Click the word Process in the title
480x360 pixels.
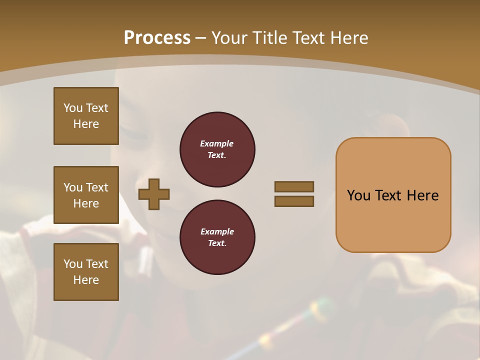tap(157, 38)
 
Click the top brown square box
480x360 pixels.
tap(86, 116)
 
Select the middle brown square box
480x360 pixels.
tap(86, 195)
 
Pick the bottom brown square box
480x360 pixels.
tap(86, 272)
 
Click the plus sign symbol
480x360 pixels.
tap(154, 194)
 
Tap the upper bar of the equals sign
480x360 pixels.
tap(294, 186)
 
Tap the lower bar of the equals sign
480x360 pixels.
tap(294, 201)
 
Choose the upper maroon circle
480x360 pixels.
tap(217, 149)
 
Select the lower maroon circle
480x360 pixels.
tap(217, 237)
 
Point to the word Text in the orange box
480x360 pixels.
tap(392, 195)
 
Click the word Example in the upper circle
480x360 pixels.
tap(217, 143)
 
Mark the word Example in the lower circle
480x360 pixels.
tap(217, 231)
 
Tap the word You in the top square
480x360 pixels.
tap(73, 108)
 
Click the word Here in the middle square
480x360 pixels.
tap(86, 203)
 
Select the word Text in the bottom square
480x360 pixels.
tap(96, 264)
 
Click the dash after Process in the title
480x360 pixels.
tap(201, 38)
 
